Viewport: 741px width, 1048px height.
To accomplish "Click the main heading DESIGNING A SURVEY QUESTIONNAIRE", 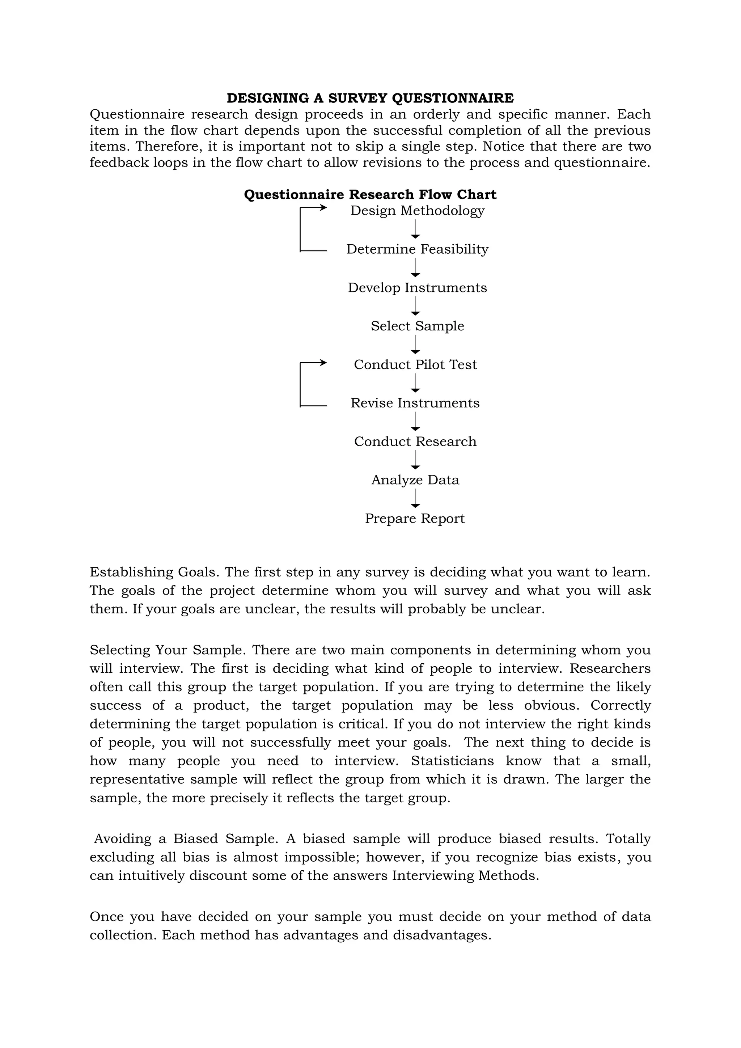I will tap(370, 98).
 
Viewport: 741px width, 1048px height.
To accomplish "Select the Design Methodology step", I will tap(417, 211).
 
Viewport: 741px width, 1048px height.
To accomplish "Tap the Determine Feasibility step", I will tap(417, 249).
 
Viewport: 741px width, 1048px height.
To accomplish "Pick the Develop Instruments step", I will tap(417, 288).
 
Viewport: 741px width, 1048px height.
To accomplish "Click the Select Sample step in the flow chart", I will tap(417, 326).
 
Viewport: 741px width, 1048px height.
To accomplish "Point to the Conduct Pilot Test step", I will tap(415, 365).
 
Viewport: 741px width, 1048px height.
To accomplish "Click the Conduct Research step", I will tap(415, 442).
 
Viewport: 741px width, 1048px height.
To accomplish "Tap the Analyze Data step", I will tap(415, 480).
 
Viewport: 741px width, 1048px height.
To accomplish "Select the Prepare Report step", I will tap(415, 519).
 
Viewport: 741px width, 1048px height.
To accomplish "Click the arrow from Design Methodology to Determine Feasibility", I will tap(415, 229).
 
